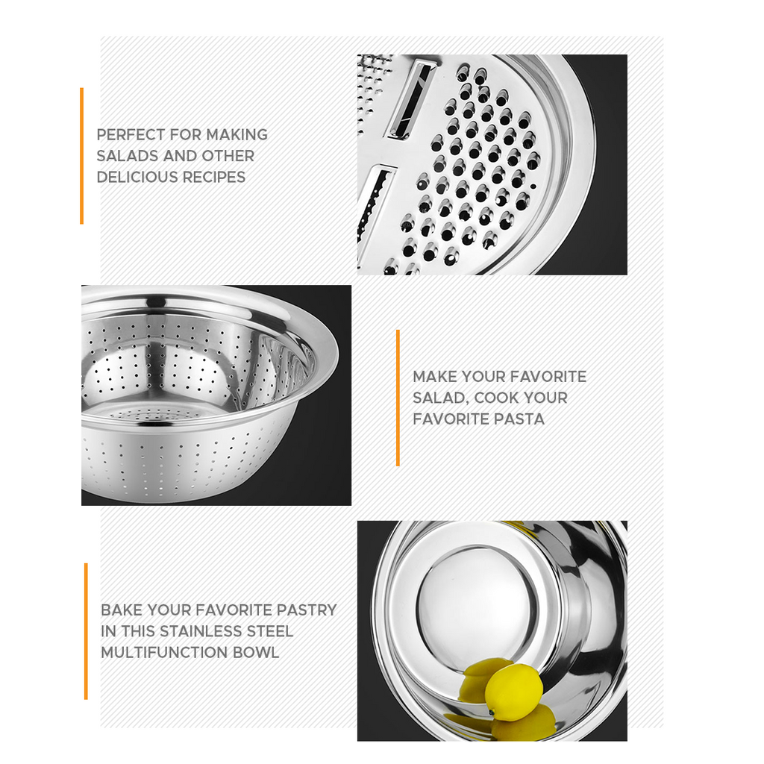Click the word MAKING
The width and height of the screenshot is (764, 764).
coord(237,135)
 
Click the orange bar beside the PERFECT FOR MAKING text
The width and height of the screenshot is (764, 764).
coord(81,156)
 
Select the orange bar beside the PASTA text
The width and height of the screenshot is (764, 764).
coord(398,398)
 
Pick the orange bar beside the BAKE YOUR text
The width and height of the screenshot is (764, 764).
coord(86,631)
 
